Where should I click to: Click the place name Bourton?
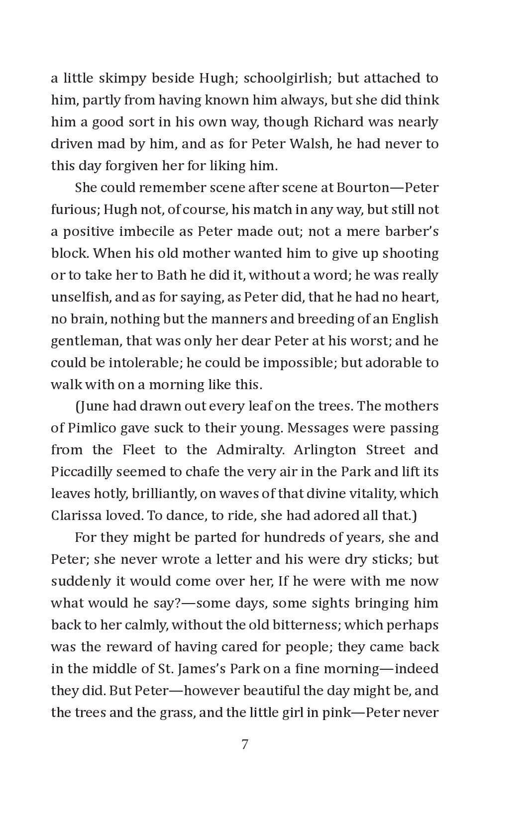pos(363,188)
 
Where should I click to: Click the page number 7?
pos(244,744)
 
